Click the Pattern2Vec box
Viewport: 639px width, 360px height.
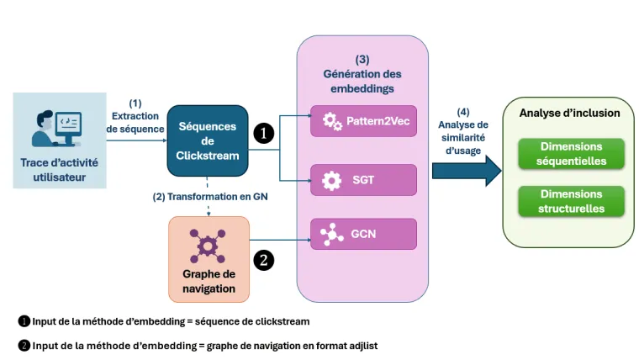[x=363, y=121]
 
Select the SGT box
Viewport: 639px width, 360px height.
[x=363, y=180]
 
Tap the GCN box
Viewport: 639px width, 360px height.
[x=363, y=233]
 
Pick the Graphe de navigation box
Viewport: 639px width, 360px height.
[x=209, y=260]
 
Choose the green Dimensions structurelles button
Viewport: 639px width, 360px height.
[x=571, y=201]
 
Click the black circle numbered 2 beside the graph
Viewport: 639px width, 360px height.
[x=264, y=260]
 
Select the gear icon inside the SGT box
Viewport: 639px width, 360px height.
[x=332, y=180]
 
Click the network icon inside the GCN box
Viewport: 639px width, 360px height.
[x=332, y=233]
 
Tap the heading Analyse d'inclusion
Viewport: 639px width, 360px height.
[x=569, y=113]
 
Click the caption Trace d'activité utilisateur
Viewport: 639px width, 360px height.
[x=60, y=168]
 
